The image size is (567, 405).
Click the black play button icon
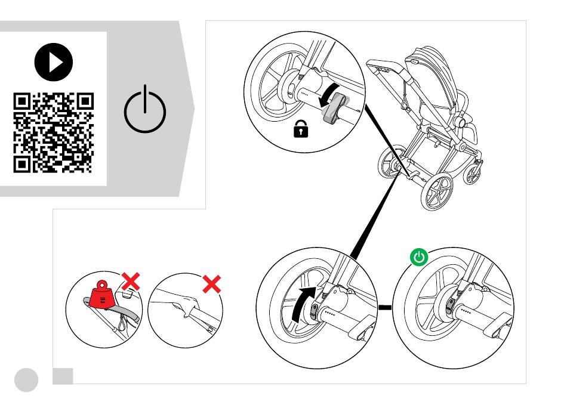click(54, 64)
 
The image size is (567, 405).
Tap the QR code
click(54, 132)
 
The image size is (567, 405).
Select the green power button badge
click(420, 257)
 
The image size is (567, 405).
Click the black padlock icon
click(298, 130)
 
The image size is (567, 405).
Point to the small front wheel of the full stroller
click(473, 174)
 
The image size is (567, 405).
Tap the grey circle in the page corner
click(26, 378)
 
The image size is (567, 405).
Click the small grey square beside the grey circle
click(63, 375)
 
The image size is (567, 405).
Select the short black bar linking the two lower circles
click(386, 308)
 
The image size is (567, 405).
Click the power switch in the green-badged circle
click(452, 306)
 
